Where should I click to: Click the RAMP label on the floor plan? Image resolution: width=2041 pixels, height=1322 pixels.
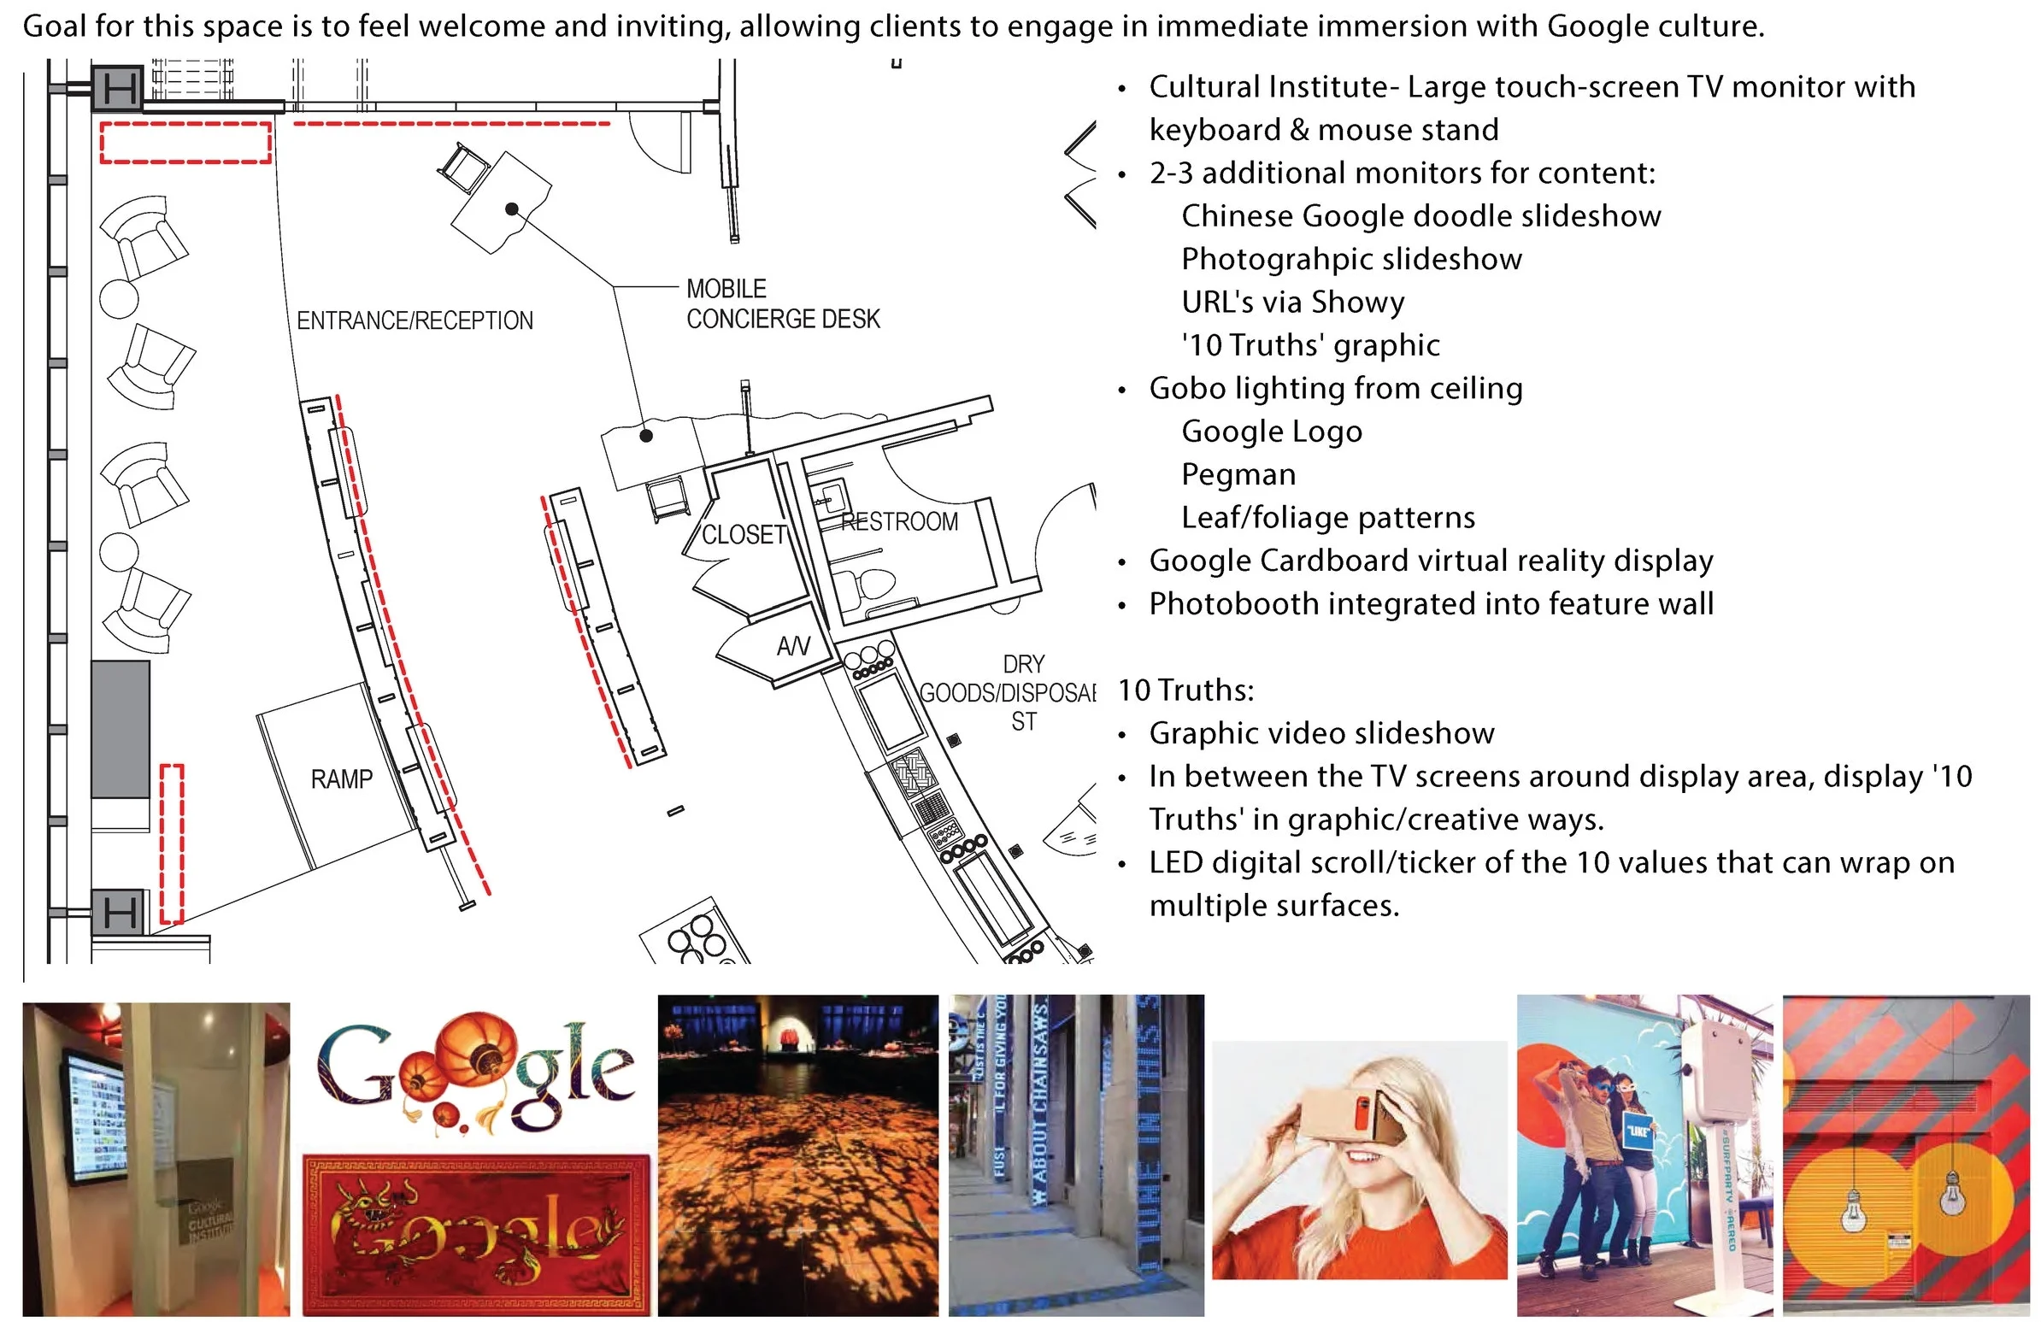point(341,779)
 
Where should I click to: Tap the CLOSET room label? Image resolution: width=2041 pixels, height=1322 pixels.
point(744,535)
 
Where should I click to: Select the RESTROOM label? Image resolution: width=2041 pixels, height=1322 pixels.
point(899,521)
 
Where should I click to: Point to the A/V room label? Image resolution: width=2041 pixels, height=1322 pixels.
point(792,645)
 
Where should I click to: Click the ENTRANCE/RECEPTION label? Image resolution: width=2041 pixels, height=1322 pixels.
point(415,320)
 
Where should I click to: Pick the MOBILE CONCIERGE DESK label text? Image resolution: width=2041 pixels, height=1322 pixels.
point(782,304)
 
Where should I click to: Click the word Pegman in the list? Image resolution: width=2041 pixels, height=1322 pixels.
point(1238,474)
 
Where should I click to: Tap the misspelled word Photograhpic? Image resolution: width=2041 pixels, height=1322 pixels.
point(1284,259)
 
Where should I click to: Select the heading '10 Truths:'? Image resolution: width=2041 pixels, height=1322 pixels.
point(1185,690)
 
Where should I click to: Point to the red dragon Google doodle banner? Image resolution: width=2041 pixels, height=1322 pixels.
point(477,1235)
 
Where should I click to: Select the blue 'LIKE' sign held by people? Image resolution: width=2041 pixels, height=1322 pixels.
point(1638,1131)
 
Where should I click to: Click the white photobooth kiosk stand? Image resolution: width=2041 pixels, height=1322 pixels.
point(1720,1149)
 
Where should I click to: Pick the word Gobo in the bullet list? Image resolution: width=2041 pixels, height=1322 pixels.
point(1183,388)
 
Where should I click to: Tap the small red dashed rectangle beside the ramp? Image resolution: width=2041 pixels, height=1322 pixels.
point(173,843)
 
